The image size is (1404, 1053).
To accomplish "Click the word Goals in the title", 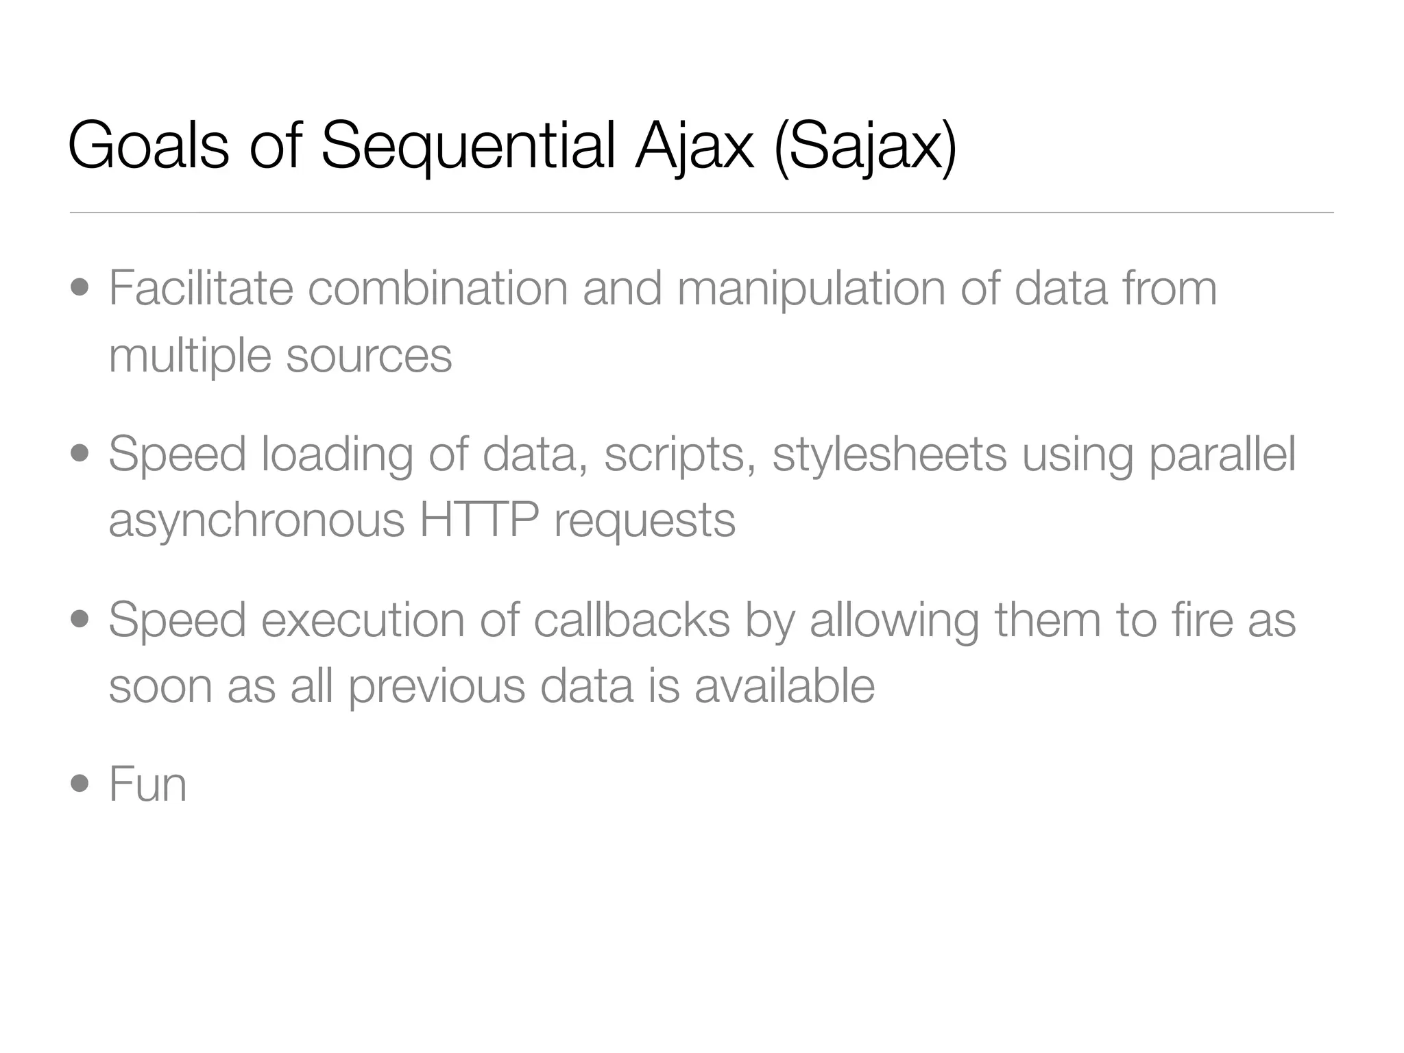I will point(148,145).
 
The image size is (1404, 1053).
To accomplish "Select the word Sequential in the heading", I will point(468,145).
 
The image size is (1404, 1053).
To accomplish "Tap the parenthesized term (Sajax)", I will point(864,145).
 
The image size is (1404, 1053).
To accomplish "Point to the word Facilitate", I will point(201,288).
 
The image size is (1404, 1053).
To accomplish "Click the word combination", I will point(437,288).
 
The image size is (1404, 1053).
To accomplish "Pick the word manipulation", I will point(811,288).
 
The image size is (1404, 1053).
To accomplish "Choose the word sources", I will point(369,355).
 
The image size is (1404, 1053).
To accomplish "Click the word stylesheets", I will point(889,454).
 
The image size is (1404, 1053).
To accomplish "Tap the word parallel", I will point(1222,454).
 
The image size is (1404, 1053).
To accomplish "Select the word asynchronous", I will point(256,521).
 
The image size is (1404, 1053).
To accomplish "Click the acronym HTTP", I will point(479,520).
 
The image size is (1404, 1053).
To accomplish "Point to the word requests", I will point(644,521).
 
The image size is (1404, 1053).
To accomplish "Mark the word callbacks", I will point(631,620).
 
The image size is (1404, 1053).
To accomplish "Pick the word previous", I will point(437,687).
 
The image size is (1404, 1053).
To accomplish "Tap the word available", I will point(784,686).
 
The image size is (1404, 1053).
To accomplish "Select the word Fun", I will point(147,784).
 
